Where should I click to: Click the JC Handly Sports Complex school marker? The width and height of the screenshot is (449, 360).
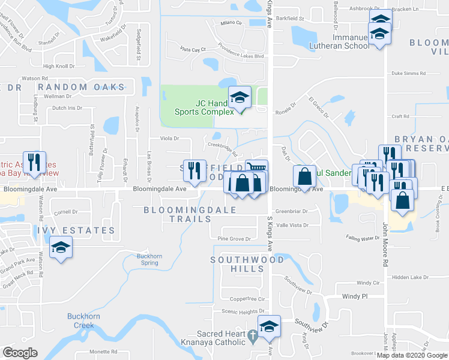coord(240,98)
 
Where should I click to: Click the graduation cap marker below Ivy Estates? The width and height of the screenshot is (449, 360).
coord(61,248)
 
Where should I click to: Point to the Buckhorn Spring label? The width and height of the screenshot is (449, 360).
coord(146,260)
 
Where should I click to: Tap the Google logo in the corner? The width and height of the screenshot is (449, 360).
coord(20,352)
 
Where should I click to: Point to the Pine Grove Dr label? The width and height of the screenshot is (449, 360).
coord(234,239)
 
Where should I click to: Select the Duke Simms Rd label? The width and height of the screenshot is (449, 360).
coord(408,73)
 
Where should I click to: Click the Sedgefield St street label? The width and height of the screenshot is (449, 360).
coord(139,45)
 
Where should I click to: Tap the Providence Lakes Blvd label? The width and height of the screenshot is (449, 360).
coord(241,56)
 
